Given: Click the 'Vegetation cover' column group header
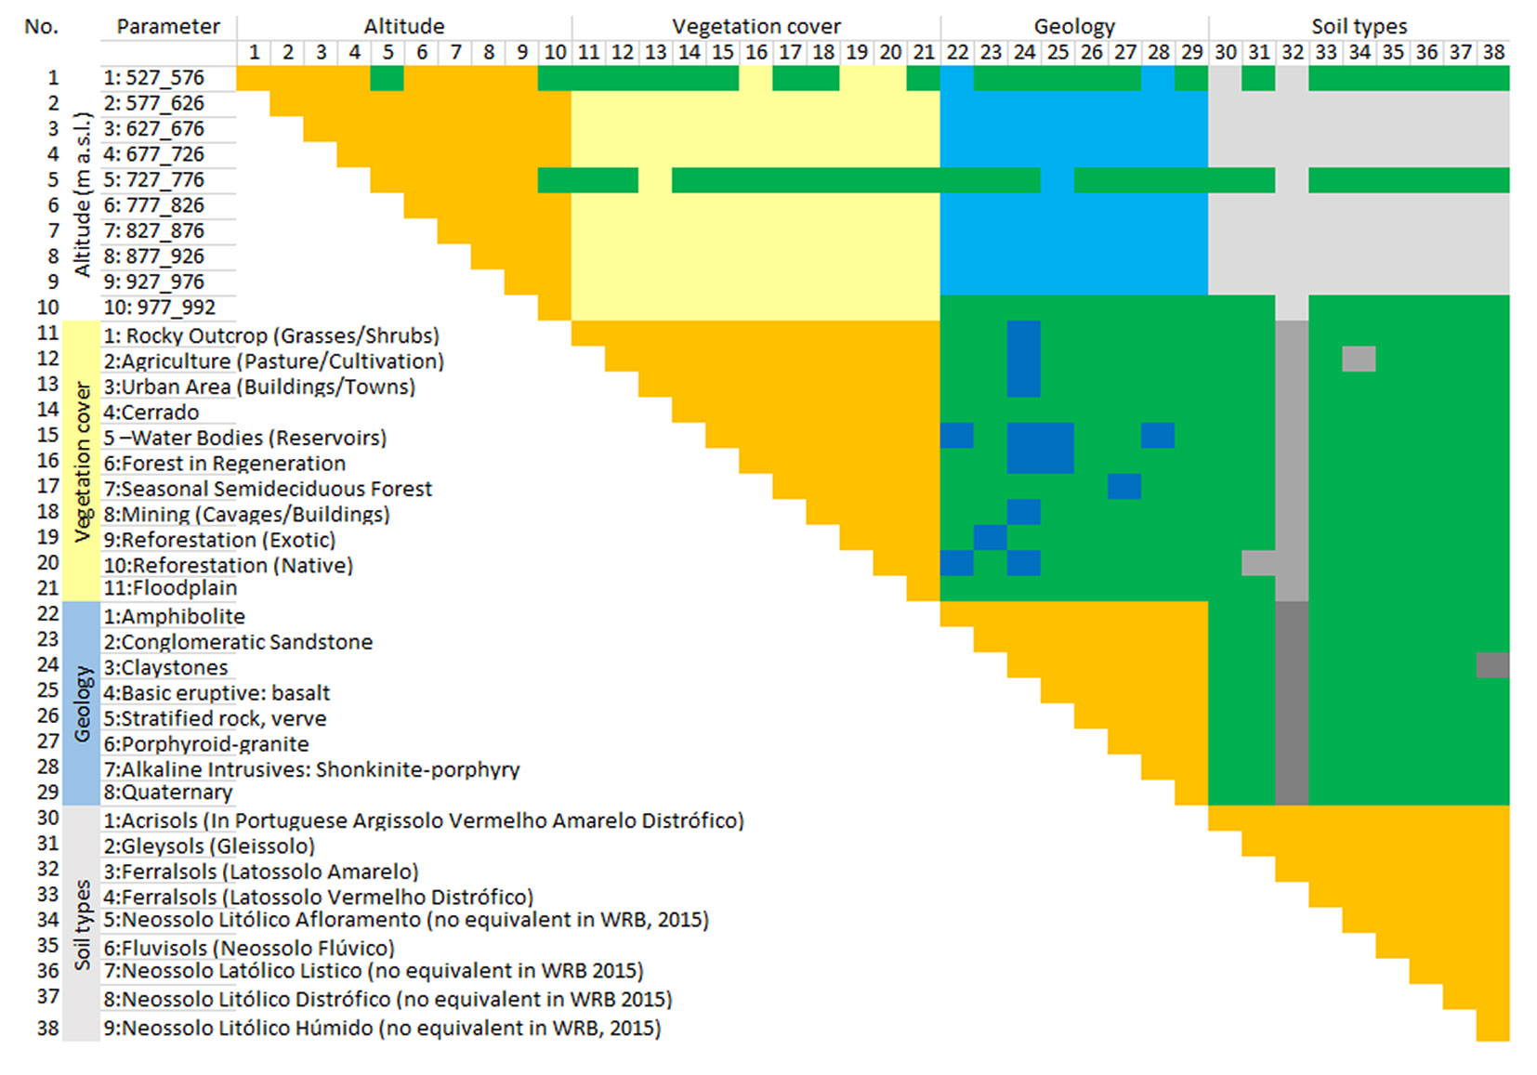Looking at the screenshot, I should tap(755, 26).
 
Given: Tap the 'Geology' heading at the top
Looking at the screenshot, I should tap(1073, 26).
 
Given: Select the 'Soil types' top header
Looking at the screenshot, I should tap(1359, 26).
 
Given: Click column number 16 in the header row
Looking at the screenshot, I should tap(756, 52).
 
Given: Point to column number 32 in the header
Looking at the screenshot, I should tap(1292, 52).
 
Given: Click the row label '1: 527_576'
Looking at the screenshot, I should tap(154, 78).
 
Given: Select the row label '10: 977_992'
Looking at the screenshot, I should tap(159, 308).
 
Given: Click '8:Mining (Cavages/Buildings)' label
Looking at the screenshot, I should tap(246, 515).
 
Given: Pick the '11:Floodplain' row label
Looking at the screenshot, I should tap(170, 588).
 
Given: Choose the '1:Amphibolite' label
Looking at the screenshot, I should tap(174, 617).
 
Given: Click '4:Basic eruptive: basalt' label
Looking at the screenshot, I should tap(217, 693).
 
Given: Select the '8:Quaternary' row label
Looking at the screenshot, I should tap(168, 793).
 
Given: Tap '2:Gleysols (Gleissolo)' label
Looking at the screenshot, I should tap(209, 846).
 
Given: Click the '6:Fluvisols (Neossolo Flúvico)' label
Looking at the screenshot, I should tap(249, 949).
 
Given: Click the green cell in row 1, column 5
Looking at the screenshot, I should tap(387, 78).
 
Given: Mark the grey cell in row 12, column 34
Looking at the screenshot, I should tap(1359, 359).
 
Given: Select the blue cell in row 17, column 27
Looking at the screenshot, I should tap(1123, 486).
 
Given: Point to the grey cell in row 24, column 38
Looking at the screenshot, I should tap(1492, 665).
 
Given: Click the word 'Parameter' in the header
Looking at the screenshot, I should tap(168, 26).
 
